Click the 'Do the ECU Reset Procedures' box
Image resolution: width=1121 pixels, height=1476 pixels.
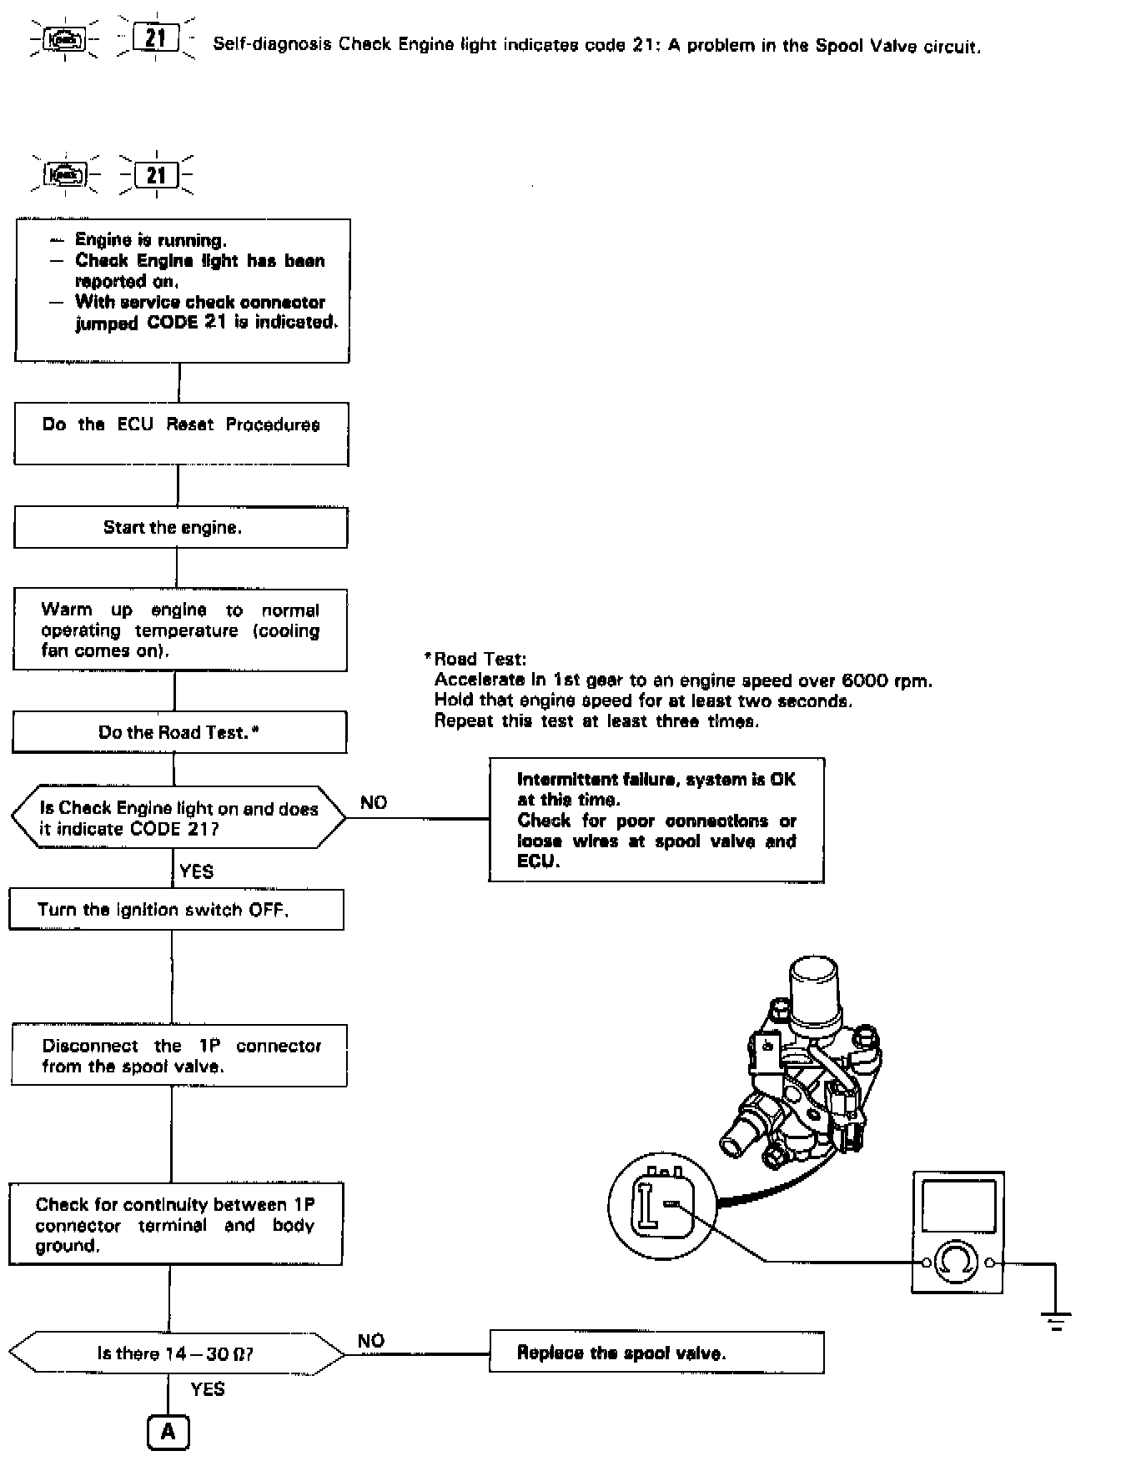coord(181,434)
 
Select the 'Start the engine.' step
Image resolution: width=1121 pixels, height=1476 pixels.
coord(180,528)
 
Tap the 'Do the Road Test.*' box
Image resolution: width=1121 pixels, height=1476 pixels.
coord(178,732)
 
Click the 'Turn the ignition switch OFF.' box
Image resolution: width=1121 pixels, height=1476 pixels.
coord(176,910)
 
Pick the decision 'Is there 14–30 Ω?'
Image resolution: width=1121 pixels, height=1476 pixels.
coord(176,1353)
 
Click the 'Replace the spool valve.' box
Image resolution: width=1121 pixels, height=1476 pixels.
coord(656,1353)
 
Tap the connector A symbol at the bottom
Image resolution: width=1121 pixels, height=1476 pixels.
coord(168,1432)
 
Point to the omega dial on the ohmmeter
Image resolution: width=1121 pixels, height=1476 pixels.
coord(956,1263)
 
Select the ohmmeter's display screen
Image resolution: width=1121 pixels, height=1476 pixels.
coord(958,1206)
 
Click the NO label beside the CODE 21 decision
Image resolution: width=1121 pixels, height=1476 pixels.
coord(374,802)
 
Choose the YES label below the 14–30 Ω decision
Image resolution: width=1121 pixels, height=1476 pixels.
coord(207,1389)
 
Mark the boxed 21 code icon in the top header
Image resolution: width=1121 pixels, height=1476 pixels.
coord(156,38)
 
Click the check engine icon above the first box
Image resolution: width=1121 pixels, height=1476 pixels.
coord(65,175)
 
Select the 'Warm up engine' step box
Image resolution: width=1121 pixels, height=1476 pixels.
coord(179,630)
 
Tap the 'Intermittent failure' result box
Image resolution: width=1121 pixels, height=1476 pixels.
coord(656,820)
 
